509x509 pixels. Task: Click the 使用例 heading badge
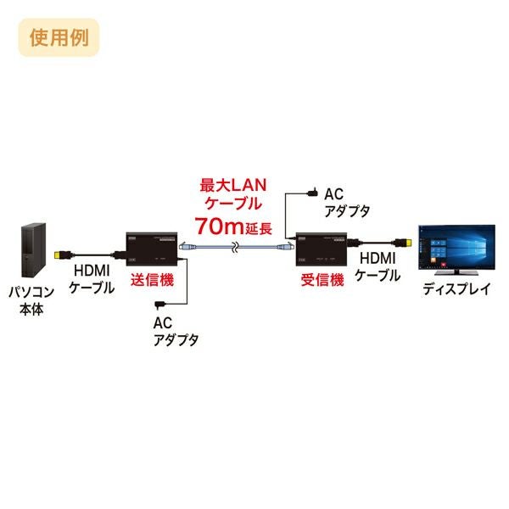59,37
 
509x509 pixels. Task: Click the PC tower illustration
33,250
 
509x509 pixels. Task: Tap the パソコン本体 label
31,300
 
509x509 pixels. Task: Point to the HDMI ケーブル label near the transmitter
92,279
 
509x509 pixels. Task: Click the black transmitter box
152,249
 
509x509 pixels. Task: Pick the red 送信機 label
152,280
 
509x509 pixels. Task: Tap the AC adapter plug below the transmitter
160,305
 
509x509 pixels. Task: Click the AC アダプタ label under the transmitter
176,332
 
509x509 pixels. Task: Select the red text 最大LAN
233,185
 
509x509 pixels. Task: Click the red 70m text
219,227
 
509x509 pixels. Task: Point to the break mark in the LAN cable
235,248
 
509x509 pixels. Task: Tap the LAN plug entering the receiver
285,247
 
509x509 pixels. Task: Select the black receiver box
322,249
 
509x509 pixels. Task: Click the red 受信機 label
322,280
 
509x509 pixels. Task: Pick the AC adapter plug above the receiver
312,193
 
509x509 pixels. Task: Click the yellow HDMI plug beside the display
405,243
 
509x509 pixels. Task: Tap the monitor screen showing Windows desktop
456,247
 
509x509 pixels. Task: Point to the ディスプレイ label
456,288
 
